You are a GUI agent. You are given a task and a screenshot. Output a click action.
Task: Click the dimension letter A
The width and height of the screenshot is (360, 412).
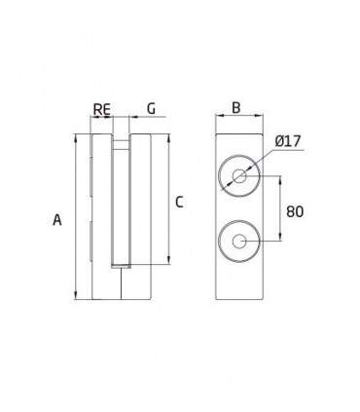[57, 221]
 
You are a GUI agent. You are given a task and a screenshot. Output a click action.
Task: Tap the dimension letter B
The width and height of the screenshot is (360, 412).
[235, 107]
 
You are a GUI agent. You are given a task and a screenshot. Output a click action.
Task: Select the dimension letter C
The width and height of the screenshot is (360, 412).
[178, 202]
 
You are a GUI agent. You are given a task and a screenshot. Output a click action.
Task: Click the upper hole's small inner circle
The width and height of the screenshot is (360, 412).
[238, 176]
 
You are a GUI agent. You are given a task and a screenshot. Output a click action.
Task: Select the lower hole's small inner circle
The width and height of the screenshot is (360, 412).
[238, 241]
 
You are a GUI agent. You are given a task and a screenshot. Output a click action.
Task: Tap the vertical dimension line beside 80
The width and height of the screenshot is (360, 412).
[282, 208]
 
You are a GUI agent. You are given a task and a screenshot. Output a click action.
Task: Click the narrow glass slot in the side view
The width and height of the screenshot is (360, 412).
[119, 205]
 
